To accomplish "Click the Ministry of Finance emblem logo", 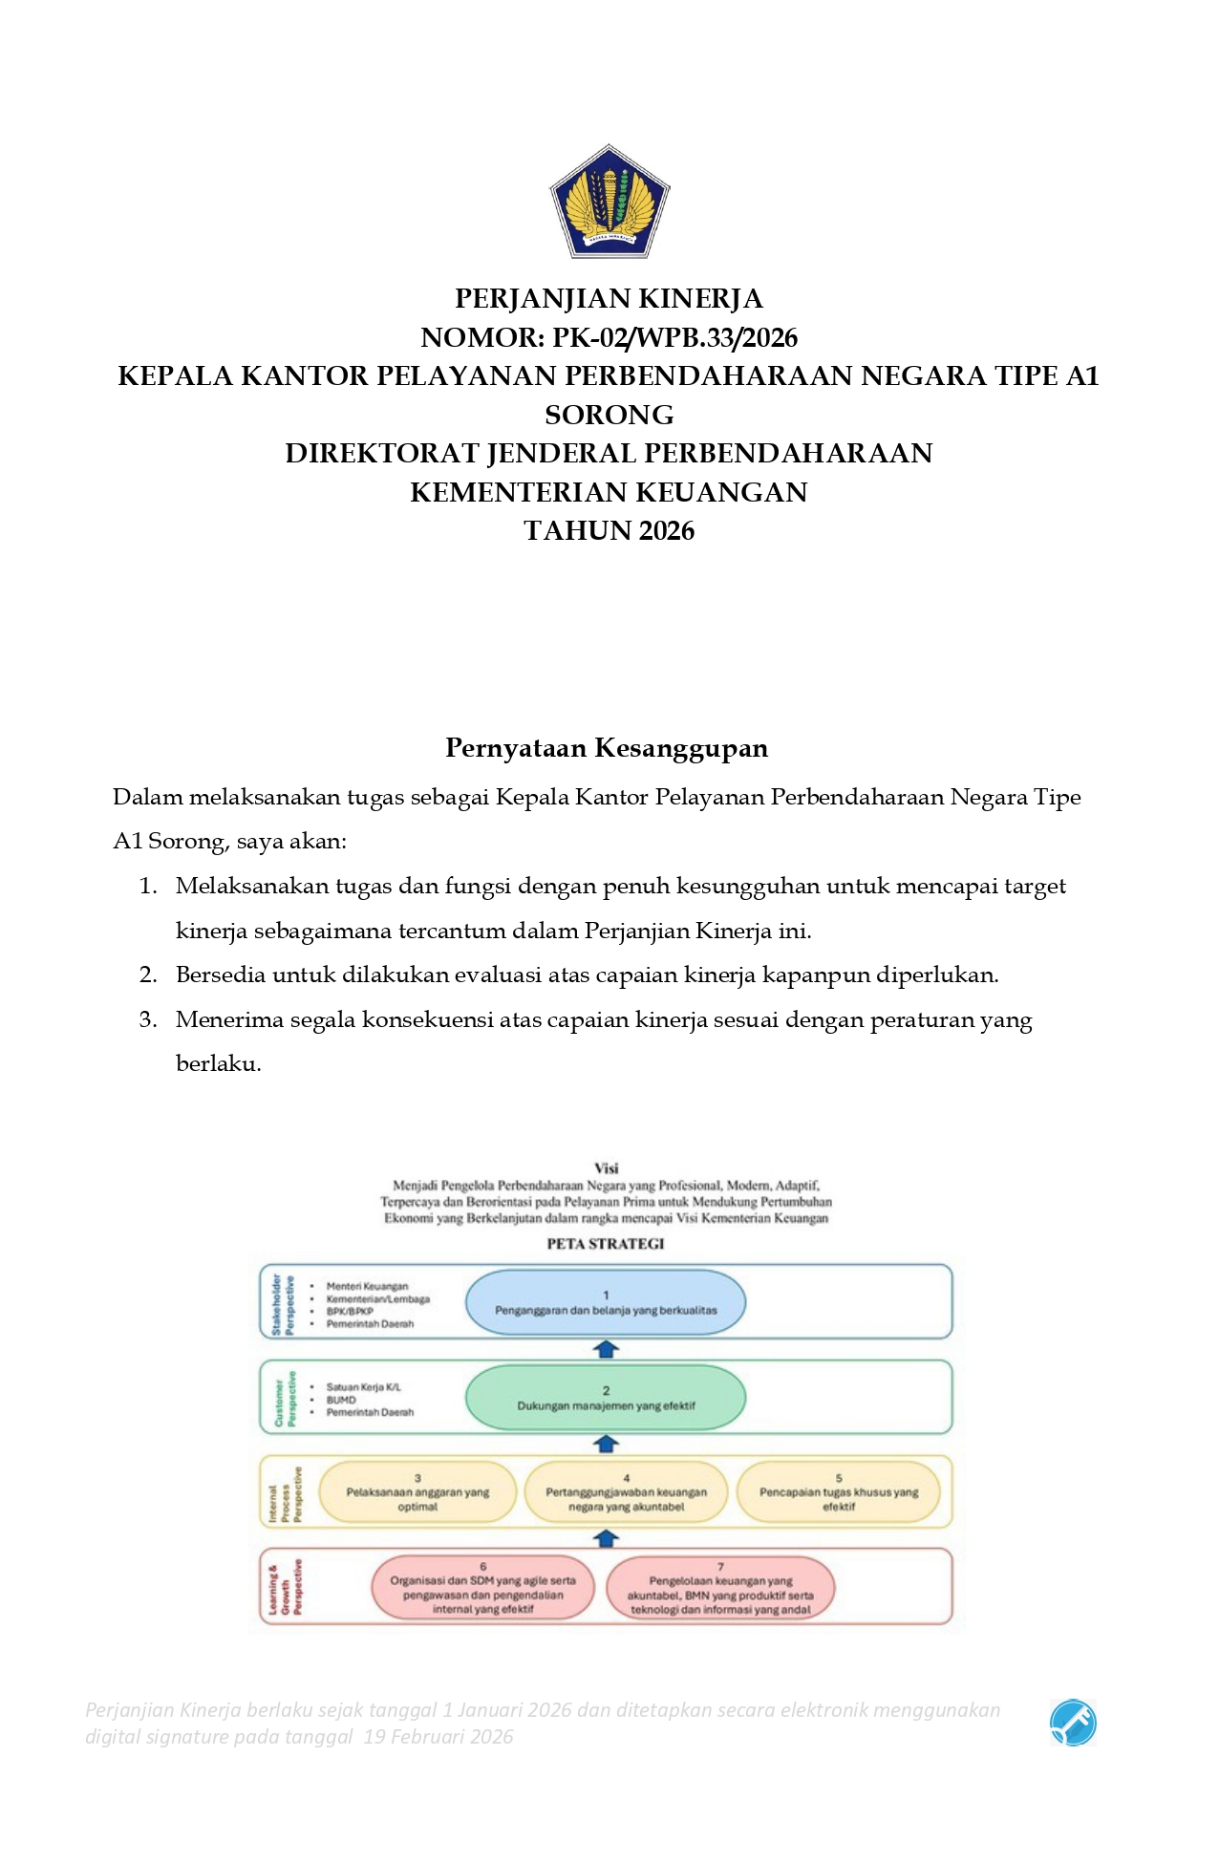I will pyautogui.click(x=609, y=202).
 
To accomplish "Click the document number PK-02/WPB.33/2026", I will pyautogui.click(x=674, y=337).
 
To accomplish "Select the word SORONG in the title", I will pyautogui.click(x=609, y=415).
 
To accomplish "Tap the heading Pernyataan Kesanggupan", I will pyautogui.click(x=607, y=747).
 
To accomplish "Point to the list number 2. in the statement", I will pyautogui.click(x=148, y=975).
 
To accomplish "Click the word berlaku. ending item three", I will pyautogui.click(x=218, y=1063).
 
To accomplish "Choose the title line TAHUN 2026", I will pyautogui.click(x=609, y=530).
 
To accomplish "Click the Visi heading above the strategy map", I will pyautogui.click(x=606, y=1168).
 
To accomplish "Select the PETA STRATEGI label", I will pyautogui.click(x=605, y=1243).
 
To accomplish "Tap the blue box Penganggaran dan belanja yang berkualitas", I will pyautogui.click(x=605, y=1302).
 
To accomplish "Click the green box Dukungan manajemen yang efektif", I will pyautogui.click(x=605, y=1398).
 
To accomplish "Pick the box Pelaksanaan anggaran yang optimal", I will pyautogui.click(x=417, y=1492).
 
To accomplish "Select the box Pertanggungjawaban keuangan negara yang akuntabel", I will pyautogui.click(x=626, y=1492).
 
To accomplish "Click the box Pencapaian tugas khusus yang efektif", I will pyautogui.click(x=838, y=1492).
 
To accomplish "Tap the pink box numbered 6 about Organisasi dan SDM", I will pyautogui.click(x=482, y=1588).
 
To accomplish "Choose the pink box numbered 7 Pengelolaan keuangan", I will pyautogui.click(x=720, y=1588).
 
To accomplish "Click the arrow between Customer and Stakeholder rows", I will pyautogui.click(x=607, y=1349).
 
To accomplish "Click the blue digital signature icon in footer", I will pyautogui.click(x=1073, y=1723).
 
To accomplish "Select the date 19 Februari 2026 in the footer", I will pyautogui.click(x=438, y=1736).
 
